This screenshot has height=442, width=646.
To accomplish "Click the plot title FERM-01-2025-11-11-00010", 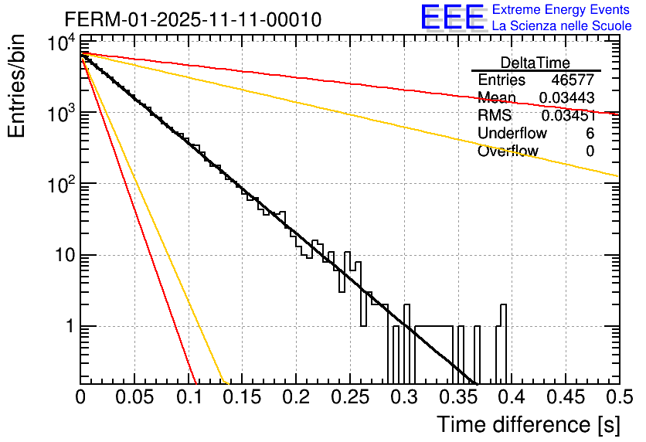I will coord(193,19).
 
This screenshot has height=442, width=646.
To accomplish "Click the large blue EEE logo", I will coord(452,18).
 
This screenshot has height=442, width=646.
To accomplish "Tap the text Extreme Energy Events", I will coord(561,10).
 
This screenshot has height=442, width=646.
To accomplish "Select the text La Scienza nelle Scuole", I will coord(562,25).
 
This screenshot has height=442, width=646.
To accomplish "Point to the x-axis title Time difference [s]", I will coord(529,424).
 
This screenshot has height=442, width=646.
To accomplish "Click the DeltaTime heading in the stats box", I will coord(535,63).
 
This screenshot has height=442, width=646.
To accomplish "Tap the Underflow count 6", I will coord(590,134).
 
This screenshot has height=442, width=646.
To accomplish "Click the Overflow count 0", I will coord(590,151).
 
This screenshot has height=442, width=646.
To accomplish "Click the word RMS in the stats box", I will coord(495,116).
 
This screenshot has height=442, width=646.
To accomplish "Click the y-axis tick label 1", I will coord(66,327).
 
